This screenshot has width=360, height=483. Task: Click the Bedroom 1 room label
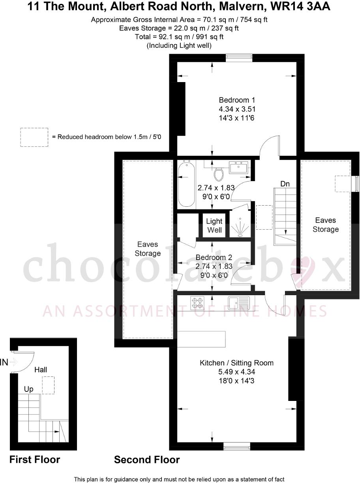pyautogui.click(x=234, y=100)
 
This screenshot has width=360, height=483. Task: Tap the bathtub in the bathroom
pyautogui.click(x=186, y=184)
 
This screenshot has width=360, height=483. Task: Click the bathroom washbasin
pyautogui.click(x=239, y=167)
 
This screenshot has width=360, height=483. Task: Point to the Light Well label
pyautogui.click(x=214, y=226)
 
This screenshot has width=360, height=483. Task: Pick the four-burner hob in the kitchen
pyautogui.click(x=197, y=303)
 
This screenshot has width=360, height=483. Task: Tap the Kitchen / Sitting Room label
pyautogui.click(x=236, y=363)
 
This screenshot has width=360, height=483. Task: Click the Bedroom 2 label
pyautogui.click(x=214, y=258)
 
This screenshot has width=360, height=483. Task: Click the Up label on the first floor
pyautogui.click(x=29, y=389)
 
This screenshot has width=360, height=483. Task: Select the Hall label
pyautogui.click(x=41, y=370)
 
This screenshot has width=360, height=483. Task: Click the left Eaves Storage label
pyautogui.click(x=148, y=249)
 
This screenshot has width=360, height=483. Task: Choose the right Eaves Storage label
pyautogui.click(x=326, y=225)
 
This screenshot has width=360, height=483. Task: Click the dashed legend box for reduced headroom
pyautogui.click(x=34, y=137)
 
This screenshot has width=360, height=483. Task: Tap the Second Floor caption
pyautogui.click(x=147, y=460)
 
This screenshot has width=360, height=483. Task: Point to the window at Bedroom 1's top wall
pyautogui.click(x=239, y=58)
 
